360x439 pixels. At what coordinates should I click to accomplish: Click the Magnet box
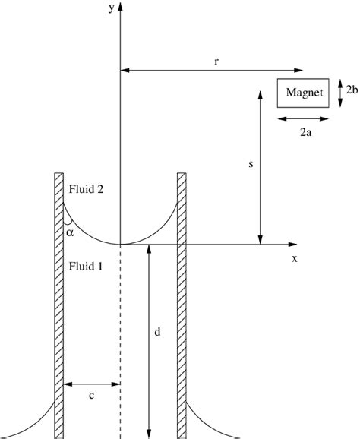pyautogui.click(x=303, y=93)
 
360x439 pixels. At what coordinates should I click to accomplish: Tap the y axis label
pyautogui.click(x=112, y=8)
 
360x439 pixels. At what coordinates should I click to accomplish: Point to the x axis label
pyautogui.click(x=295, y=259)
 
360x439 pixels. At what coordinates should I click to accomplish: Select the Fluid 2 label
pyautogui.click(x=86, y=189)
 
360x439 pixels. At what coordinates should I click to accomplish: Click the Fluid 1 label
pyautogui.click(x=86, y=266)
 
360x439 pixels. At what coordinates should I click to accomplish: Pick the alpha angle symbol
pyautogui.click(x=70, y=232)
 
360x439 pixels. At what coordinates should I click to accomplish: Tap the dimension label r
pyautogui.click(x=216, y=62)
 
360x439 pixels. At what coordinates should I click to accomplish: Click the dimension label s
pyautogui.click(x=251, y=164)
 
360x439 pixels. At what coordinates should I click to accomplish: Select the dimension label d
pyautogui.click(x=158, y=332)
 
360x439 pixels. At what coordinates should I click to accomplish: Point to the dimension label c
pyautogui.click(x=91, y=396)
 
